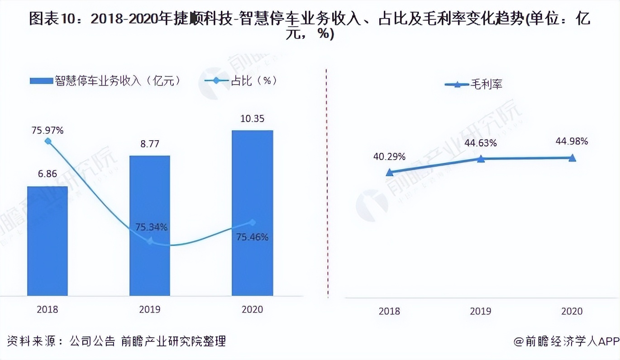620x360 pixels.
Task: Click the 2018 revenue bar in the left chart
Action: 48,241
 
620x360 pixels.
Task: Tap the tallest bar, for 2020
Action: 253,213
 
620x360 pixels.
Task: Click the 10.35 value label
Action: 252,119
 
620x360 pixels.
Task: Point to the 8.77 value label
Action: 150,144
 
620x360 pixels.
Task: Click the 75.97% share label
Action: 48,131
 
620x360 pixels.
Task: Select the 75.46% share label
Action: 253,237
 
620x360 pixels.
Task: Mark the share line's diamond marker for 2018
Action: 48,141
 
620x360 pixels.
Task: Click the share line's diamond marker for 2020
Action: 253,222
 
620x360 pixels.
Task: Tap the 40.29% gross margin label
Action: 389,157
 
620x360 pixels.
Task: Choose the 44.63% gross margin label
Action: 481,143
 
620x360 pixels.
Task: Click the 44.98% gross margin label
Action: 572,142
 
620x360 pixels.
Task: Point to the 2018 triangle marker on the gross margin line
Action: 389,172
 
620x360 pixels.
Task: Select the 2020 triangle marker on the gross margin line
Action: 572,157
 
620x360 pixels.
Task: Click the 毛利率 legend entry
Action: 473,85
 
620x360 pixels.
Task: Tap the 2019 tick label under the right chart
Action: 481,311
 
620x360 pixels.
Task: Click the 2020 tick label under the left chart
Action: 252,309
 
